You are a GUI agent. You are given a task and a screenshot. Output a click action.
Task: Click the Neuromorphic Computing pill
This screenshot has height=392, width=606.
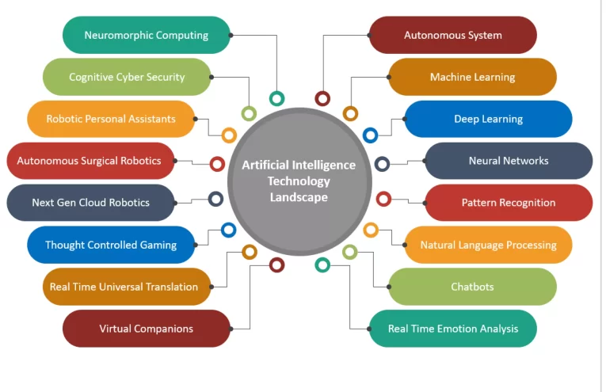[147, 35]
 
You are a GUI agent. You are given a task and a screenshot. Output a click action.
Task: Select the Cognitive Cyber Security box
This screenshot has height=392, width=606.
[127, 77]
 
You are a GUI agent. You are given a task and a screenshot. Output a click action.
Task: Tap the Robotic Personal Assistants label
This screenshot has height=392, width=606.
[111, 119]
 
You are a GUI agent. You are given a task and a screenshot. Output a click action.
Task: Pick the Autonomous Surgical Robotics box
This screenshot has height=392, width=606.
[90, 161]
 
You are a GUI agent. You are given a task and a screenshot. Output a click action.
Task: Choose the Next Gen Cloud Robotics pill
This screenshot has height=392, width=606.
[90, 203]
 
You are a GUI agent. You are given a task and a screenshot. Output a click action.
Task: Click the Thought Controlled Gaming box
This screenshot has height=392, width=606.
[111, 245]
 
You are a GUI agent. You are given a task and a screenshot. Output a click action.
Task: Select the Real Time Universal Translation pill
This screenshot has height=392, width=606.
[124, 287]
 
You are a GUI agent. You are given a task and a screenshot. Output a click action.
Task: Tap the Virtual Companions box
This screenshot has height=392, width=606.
[147, 329]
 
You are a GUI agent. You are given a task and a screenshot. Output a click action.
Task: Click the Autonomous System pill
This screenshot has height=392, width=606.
[453, 35]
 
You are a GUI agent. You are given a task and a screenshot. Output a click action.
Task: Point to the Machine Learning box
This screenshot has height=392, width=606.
[472, 77]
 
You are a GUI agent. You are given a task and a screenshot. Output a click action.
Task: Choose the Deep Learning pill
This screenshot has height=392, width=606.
[488, 119]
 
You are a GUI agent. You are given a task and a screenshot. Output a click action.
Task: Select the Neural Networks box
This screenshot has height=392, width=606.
[509, 161]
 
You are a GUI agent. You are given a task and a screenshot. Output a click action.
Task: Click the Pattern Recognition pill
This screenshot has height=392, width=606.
[509, 203]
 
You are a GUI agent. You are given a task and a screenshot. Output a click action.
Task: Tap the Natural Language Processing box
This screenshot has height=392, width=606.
[488, 245]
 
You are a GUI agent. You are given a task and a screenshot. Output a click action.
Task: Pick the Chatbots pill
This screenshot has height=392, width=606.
[472, 287]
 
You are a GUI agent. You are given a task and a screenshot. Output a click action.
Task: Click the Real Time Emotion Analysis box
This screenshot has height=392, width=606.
[453, 329]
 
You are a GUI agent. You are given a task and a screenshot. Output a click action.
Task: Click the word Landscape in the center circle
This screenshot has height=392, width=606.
[299, 197]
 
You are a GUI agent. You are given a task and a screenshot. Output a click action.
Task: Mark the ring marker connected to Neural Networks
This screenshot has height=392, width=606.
[382, 164]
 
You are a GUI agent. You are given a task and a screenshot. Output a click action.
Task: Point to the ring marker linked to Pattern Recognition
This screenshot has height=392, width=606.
[383, 199]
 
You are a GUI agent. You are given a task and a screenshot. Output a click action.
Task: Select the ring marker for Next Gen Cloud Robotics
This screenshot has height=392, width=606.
[215, 199]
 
